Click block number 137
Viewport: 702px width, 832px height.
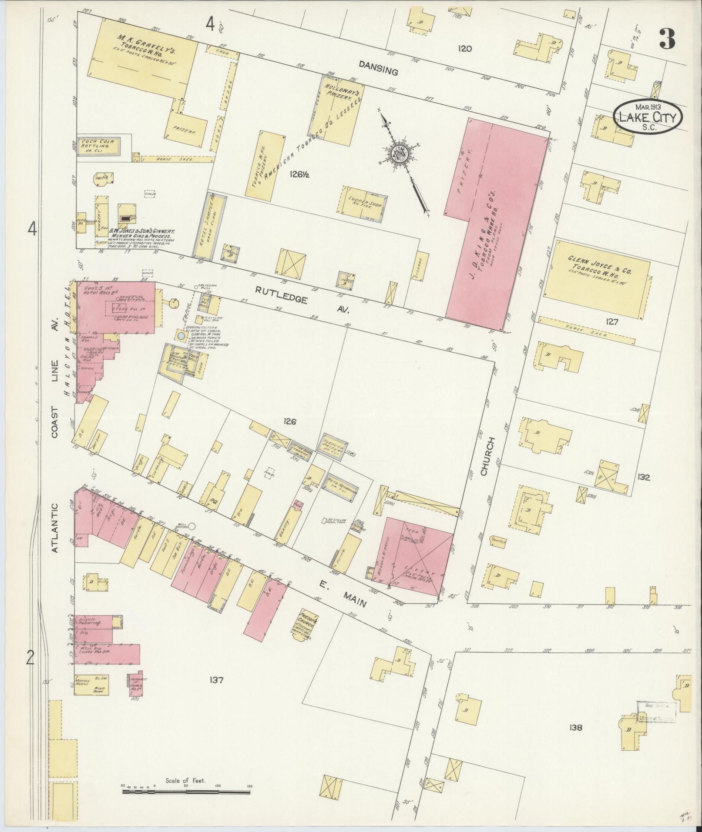(215, 680)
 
